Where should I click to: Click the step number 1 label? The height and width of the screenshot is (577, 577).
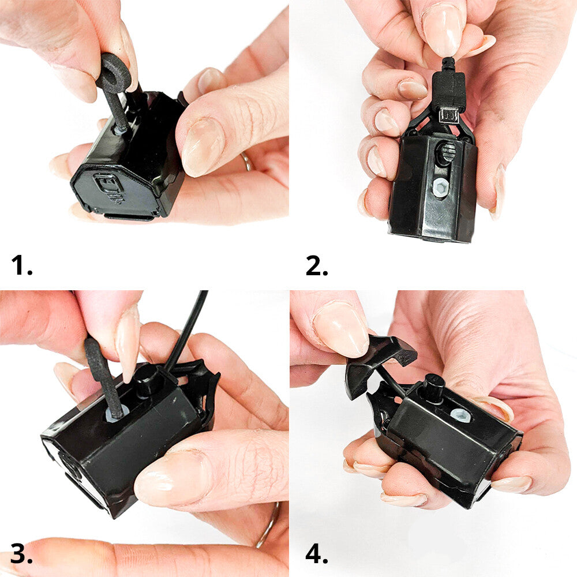pos(21,265)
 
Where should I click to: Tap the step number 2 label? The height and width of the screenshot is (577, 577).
pos(316,265)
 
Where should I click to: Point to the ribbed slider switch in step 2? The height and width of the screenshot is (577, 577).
pos(447,151)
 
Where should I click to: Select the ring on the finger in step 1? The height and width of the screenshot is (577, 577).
pos(246,161)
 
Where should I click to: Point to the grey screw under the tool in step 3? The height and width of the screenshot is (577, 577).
pos(117,415)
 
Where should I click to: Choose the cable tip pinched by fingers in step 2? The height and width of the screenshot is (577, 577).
pos(448,64)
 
